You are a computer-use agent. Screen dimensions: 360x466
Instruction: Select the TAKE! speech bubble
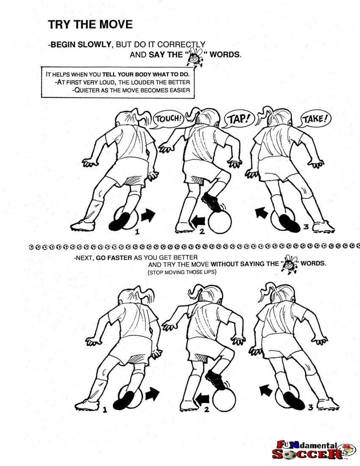(x=315, y=119)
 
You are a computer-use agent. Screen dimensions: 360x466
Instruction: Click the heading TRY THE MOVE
(x=90, y=25)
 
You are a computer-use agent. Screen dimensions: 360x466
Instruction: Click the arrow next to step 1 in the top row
(x=148, y=215)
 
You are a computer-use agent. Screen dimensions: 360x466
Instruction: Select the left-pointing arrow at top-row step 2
(x=198, y=221)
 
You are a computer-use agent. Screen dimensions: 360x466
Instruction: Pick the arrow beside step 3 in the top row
(x=261, y=212)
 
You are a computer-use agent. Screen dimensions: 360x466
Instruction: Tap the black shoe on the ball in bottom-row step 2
(x=215, y=380)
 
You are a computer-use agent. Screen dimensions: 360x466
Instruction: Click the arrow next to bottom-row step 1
(x=152, y=394)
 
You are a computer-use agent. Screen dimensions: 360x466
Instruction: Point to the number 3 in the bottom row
(x=311, y=407)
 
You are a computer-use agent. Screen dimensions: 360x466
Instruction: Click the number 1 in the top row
(x=137, y=232)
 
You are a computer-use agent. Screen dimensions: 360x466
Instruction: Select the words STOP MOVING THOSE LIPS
(x=182, y=272)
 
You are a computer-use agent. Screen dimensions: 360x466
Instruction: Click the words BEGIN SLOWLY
(x=80, y=45)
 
